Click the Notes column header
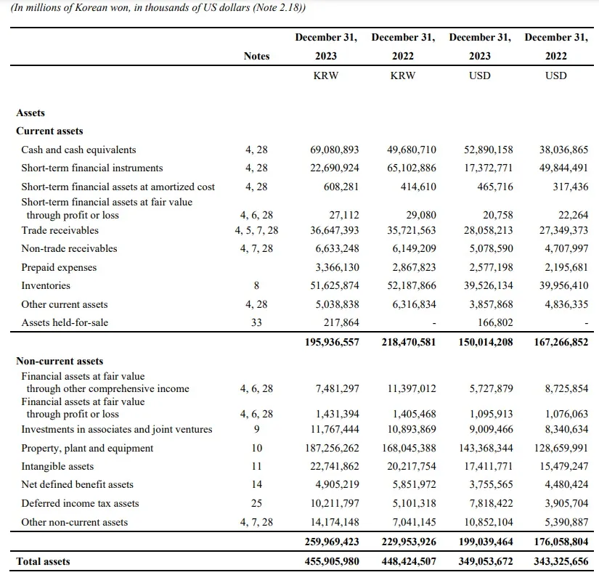pyautogui.click(x=256, y=56)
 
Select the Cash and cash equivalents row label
pyautogui.click(x=78, y=150)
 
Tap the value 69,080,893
pyautogui.click(x=334, y=150)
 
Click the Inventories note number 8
pyautogui.click(x=256, y=285)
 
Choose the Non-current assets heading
pyautogui.click(x=60, y=361)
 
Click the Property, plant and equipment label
pyautogui.click(x=87, y=448)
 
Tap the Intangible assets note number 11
pyautogui.click(x=256, y=466)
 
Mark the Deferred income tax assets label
pyautogui.click(x=80, y=503)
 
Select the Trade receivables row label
pyautogui.click(x=60, y=230)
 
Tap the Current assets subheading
pyautogui.click(x=49, y=131)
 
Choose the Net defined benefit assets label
pyautogui.click(x=77, y=484)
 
